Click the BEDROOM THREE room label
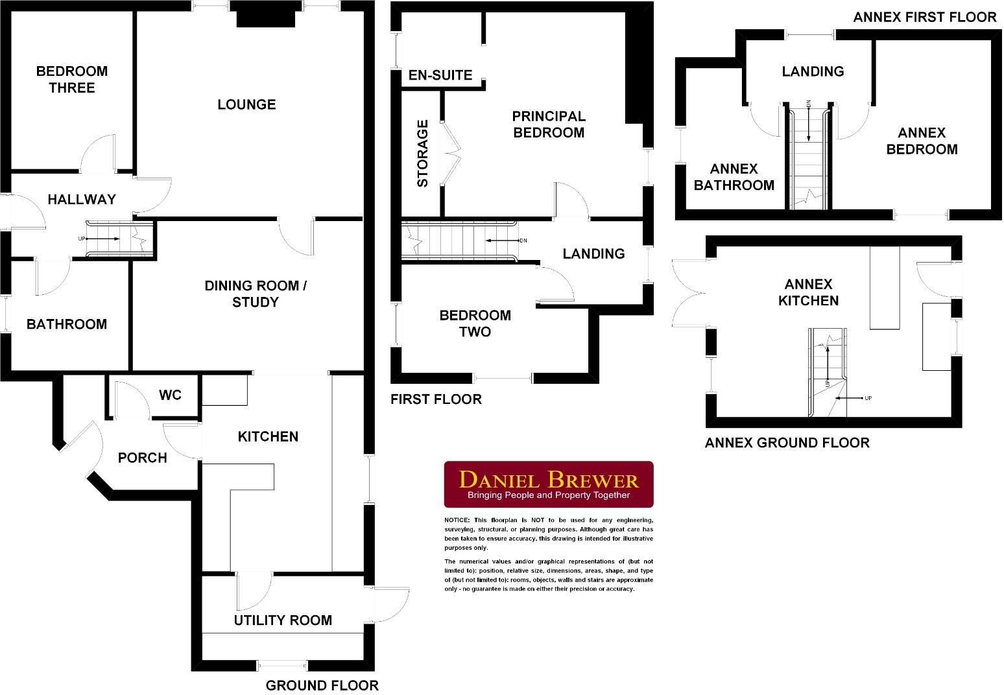71,79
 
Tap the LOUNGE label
246,104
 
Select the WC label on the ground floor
170,395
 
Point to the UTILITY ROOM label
283,620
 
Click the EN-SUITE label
440,75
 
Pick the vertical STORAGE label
422,153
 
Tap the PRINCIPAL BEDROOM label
548,124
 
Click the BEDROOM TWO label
475,324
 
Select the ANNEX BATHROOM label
734,177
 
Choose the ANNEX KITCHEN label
808,292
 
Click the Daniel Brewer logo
548,484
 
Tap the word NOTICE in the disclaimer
456,521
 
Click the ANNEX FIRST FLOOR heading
924,18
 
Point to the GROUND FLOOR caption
322,685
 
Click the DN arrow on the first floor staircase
506,241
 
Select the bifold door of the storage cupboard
451,153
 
